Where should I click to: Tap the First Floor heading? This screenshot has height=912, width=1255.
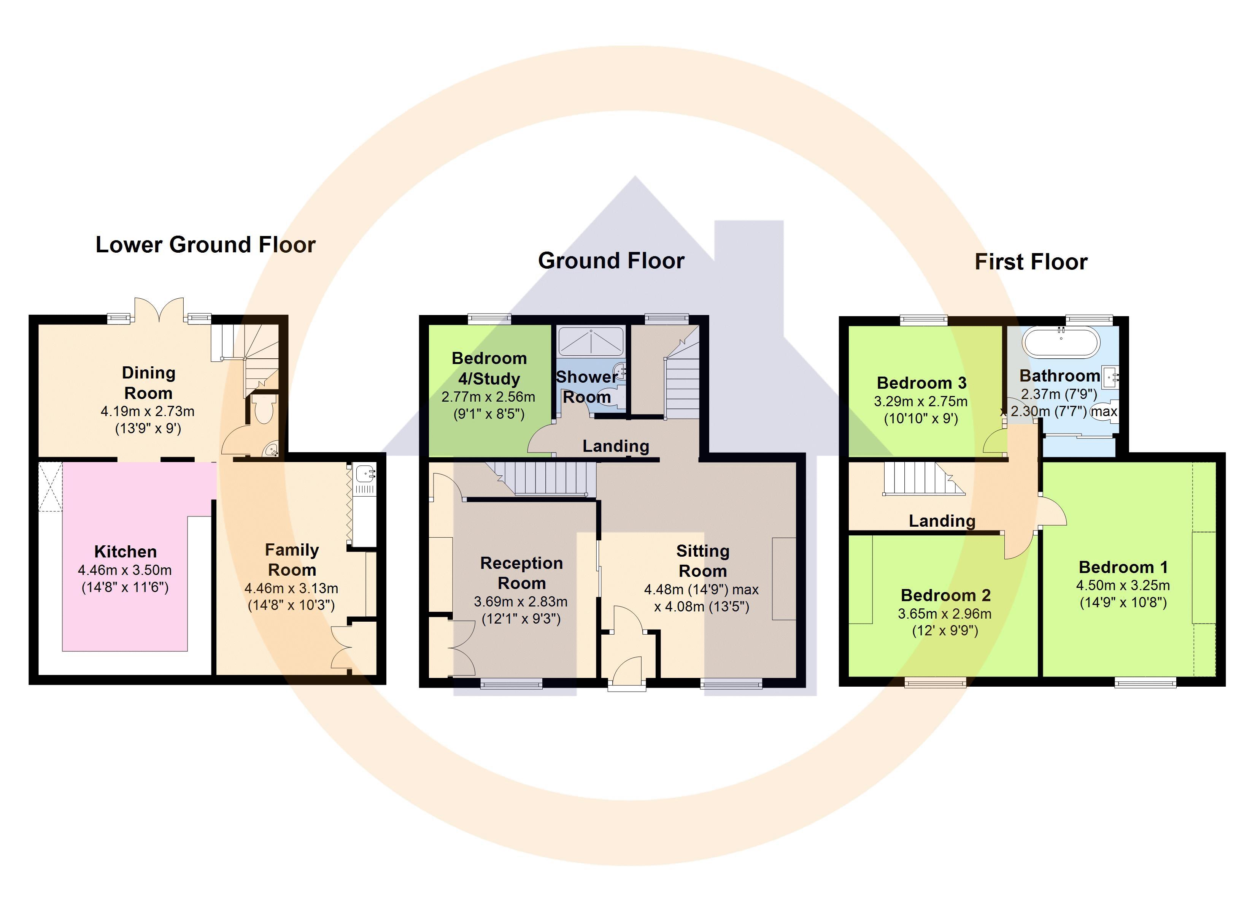click(1031, 261)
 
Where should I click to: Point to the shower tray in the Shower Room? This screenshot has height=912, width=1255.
click(591, 341)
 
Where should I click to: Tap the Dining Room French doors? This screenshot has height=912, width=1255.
click(159, 310)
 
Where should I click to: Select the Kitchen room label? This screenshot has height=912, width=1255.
click(125, 551)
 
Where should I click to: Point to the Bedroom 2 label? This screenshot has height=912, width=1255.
click(946, 595)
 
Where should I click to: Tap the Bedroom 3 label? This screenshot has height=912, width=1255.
click(922, 383)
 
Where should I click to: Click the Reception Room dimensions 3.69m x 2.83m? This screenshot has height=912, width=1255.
click(521, 601)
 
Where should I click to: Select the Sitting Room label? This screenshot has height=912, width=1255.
click(703, 561)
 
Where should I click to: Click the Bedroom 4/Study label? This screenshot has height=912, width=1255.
click(489, 368)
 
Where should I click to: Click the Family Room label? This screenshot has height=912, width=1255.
click(292, 560)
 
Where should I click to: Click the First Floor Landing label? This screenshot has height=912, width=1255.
click(942, 521)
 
